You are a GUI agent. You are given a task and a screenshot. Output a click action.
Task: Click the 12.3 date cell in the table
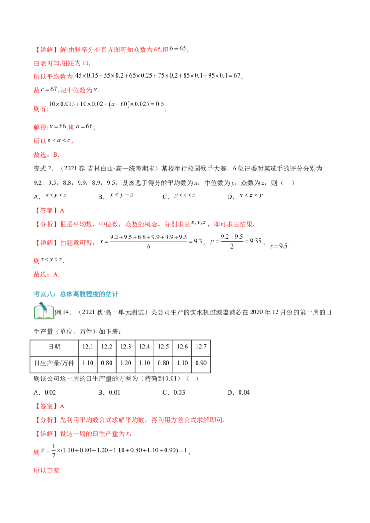click(x=125, y=347)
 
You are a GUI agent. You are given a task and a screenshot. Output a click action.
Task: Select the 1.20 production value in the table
click(x=125, y=363)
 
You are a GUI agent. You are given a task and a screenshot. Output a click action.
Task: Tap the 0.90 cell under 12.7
click(x=201, y=363)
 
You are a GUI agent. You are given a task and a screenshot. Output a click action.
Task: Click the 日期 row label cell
click(x=54, y=347)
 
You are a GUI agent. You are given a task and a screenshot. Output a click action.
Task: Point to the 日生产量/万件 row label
click(x=54, y=363)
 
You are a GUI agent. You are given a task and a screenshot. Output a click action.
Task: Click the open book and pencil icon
click(x=44, y=311)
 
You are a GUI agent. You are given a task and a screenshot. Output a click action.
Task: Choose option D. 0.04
click(x=239, y=393)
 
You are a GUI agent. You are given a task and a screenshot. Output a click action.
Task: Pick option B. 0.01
click(x=109, y=393)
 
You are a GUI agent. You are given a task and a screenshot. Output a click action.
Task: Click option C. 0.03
click(x=173, y=393)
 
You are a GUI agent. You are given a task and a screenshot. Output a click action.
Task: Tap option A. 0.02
click(x=45, y=393)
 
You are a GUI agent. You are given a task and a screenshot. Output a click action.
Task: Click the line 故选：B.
click(x=46, y=155)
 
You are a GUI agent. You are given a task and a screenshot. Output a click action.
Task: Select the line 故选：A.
click(x=46, y=274)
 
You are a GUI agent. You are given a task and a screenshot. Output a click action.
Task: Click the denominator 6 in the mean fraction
click(x=148, y=247)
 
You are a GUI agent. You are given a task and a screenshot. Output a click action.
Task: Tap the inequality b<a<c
click(x=59, y=140)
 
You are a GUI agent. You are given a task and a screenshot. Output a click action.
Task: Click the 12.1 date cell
click(x=88, y=347)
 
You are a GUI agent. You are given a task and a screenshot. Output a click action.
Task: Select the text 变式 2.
click(x=43, y=169)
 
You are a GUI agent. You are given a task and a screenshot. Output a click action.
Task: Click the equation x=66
click(x=58, y=127)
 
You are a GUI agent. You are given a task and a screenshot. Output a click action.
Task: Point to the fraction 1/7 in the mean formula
click(x=54, y=450)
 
